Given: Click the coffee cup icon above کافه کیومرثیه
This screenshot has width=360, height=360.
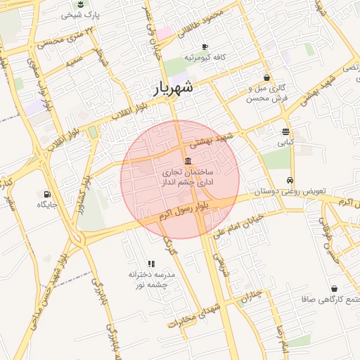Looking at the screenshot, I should coord(205,46).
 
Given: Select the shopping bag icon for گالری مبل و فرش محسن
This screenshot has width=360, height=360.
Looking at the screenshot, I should coord(266,77).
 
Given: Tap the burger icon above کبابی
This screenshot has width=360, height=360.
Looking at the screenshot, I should coord(285,131).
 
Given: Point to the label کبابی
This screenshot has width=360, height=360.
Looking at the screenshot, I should coord(285,142).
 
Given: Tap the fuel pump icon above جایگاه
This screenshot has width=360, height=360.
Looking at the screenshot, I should coord(47,194).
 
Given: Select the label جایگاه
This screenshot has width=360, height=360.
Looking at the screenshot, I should coord(47,205).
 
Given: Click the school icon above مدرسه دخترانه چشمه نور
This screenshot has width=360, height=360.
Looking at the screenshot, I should coord(151,264).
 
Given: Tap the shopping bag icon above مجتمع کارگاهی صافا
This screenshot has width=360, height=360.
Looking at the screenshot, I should coord(333,288).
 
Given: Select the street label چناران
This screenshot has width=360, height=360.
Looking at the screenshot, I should coord(251,295).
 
